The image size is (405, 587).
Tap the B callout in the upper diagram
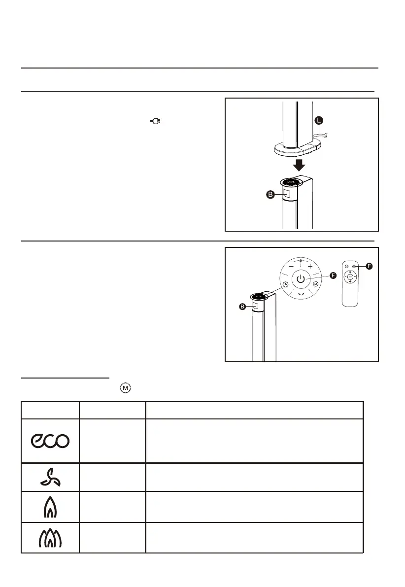(x=270, y=195)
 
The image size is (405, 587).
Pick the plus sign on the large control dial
(x=311, y=266)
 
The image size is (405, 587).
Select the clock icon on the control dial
(x=285, y=284)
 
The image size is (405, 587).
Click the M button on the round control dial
(x=316, y=284)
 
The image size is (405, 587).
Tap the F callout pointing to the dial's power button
(x=333, y=276)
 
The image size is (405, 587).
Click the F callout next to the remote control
(x=369, y=266)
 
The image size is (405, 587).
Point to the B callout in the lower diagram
(x=242, y=307)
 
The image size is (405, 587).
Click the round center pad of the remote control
(x=350, y=277)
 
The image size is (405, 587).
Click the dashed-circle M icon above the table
(x=126, y=388)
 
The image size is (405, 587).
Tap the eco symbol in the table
(x=50, y=441)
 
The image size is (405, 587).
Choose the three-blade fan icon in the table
(x=50, y=477)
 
